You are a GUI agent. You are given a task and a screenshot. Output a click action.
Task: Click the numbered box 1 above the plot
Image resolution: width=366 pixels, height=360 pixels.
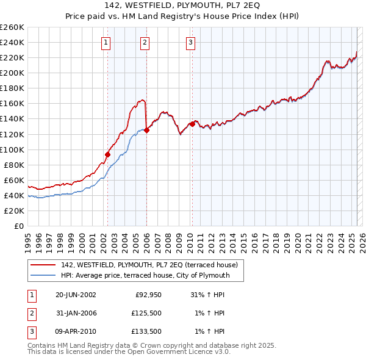tap(106, 43)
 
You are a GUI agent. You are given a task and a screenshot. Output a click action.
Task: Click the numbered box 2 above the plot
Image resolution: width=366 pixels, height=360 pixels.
tap(145, 43)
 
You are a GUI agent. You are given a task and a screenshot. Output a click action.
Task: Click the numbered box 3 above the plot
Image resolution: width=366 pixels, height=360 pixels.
tap(190, 43)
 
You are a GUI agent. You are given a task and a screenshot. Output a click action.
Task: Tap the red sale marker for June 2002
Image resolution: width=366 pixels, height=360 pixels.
tap(107, 154)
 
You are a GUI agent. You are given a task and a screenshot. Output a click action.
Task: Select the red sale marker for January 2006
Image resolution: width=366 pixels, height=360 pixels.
tap(146, 130)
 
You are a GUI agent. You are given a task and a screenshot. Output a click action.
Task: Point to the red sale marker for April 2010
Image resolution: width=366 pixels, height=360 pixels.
tap(192, 124)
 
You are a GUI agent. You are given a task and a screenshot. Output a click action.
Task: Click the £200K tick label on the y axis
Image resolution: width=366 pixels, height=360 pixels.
tap(12, 73)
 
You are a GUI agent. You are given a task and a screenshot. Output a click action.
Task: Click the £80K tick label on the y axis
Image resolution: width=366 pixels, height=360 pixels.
tap(13, 165)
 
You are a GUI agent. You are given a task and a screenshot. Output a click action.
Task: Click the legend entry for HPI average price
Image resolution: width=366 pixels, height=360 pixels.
tap(145, 275)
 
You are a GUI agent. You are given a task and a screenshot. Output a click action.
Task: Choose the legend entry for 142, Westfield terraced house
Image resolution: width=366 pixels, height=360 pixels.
tap(152, 265)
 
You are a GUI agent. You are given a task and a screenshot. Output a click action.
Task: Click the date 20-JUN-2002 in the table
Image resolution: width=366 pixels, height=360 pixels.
tap(76, 295)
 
